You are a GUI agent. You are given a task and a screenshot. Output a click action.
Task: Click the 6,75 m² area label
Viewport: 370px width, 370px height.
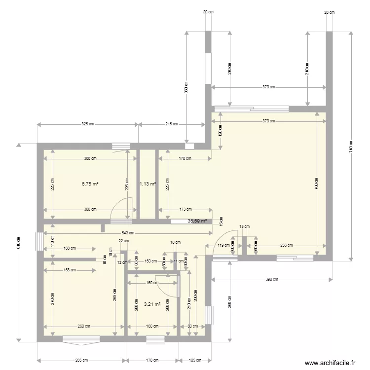click(x=90, y=184)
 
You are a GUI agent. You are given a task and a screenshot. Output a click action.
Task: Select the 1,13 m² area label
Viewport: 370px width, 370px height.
click(x=148, y=184)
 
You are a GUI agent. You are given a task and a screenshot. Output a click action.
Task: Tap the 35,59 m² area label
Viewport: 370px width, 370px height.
click(x=197, y=222)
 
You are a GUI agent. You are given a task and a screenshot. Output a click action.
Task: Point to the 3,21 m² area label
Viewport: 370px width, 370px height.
click(x=152, y=304)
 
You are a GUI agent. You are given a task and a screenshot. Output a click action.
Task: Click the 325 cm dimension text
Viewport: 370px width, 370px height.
click(x=87, y=125)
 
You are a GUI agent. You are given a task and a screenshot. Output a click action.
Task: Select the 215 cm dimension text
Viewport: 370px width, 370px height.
click(x=172, y=125)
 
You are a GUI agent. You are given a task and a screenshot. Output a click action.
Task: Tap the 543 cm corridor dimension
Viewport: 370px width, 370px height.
click(x=127, y=233)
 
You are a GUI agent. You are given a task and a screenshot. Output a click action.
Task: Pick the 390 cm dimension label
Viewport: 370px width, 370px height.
click(x=272, y=280)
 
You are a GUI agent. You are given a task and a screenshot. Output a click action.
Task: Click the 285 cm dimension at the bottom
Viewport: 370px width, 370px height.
click(x=82, y=360)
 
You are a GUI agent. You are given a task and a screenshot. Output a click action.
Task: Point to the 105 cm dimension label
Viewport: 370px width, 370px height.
click(x=196, y=360)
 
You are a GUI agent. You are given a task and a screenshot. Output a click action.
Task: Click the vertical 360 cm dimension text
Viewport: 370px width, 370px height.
click(x=186, y=87)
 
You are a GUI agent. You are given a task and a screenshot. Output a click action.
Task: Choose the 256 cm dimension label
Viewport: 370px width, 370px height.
click(x=286, y=245)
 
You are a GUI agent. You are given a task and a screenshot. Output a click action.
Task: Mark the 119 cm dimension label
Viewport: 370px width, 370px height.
click(x=223, y=245)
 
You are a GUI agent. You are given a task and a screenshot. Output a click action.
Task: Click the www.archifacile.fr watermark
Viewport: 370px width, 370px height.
click(x=330, y=363)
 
